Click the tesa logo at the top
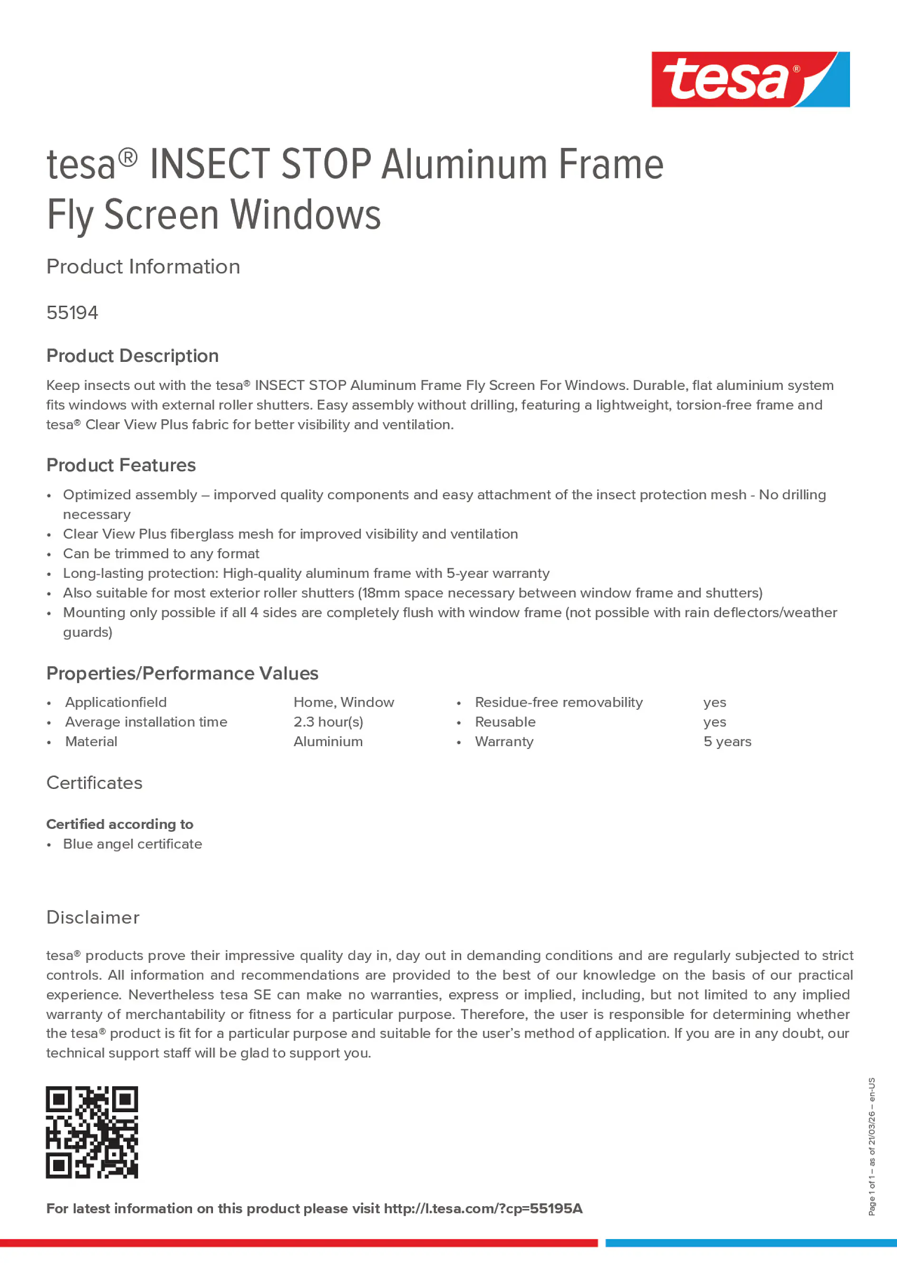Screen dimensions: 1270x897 pos(750,80)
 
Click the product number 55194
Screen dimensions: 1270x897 pos(72,313)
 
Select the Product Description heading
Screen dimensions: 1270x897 pos(132,356)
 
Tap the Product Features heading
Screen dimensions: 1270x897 pos(121,465)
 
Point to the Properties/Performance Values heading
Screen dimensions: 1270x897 pos(182,673)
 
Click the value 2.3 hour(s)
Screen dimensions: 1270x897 pos(328,722)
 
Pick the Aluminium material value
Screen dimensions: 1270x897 pos(328,741)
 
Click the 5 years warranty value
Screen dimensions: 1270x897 pos(727,741)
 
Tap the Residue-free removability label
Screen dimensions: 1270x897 pos(559,702)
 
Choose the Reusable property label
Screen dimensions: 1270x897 pos(505,722)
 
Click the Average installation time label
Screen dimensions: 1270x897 pos(146,722)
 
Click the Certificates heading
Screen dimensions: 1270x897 pos(94,783)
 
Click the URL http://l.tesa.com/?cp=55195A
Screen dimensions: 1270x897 pos(483,1208)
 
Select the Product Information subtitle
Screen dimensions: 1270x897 pos(143,267)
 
